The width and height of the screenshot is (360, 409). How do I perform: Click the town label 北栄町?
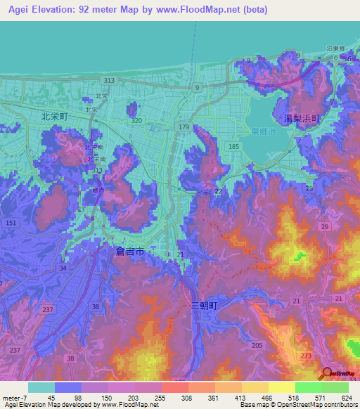(54, 117)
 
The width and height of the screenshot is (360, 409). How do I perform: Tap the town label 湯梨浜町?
(301, 119)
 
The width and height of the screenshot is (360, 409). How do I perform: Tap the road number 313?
(108, 81)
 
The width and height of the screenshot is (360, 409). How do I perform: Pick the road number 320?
(136, 121)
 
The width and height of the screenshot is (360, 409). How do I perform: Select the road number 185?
(233, 146)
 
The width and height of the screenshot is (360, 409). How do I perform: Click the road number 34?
(64, 267)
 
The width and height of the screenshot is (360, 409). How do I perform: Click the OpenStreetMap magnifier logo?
(327, 373)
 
